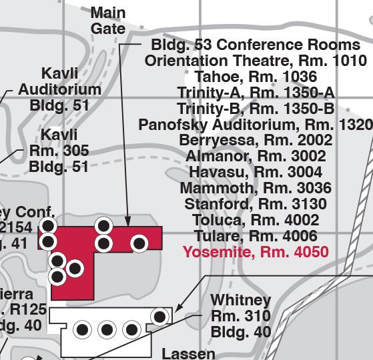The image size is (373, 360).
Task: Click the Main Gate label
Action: pos(108,21)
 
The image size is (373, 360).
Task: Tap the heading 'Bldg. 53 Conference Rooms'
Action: pos(256,45)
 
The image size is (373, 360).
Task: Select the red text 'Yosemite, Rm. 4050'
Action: pos(256,252)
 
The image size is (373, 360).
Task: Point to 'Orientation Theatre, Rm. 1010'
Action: pos(256,61)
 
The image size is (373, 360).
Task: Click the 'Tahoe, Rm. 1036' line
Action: pos(256,77)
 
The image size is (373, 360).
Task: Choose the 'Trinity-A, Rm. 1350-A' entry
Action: pos(256,93)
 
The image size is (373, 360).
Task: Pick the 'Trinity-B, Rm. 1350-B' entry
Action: pos(256,109)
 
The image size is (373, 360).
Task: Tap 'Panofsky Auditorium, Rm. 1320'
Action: pos(256,125)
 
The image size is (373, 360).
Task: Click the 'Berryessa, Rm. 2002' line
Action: pos(256,141)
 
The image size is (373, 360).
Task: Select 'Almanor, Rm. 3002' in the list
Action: pos(256,157)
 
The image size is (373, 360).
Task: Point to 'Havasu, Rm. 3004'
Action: pos(256,173)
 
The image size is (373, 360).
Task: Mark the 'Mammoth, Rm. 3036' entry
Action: pos(256,188)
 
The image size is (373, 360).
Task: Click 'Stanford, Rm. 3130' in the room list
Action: pos(256,204)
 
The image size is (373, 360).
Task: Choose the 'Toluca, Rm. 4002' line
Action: pos(256,220)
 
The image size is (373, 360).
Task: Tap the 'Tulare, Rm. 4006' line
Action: pos(256,236)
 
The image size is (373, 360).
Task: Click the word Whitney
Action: pos(241,300)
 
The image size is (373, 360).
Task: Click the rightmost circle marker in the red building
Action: pos(139,243)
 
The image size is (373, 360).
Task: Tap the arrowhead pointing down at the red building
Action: pos(127,221)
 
